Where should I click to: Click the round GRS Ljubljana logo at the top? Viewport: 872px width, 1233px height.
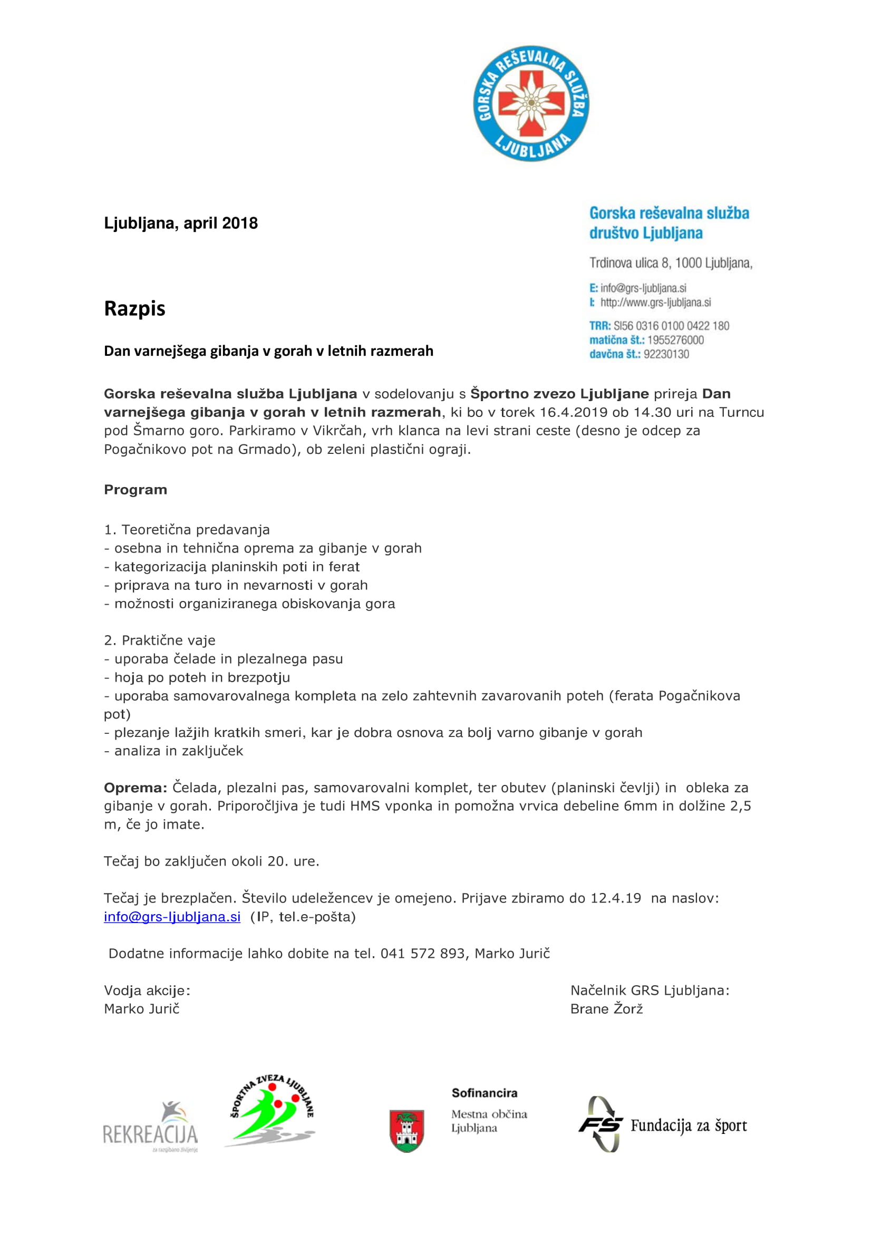pyautogui.click(x=530, y=103)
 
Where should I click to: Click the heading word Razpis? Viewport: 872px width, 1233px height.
pyautogui.click(x=134, y=309)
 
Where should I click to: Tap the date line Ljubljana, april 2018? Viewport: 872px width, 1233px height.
pyautogui.click(x=180, y=223)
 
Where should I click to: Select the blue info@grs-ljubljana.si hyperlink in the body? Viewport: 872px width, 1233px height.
pyautogui.click(x=172, y=917)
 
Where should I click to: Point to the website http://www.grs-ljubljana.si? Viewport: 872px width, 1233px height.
pyautogui.click(x=655, y=303)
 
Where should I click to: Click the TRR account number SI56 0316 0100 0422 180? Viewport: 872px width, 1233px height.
pyautogui.click(x=671, y=325)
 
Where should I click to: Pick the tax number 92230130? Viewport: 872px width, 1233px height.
pyautogui.click(x=666, y=354)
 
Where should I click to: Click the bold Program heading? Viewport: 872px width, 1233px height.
pyautogui.click(x=135, y=490)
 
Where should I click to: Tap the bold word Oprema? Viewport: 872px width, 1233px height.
pyautogui.click(x=135, y=788)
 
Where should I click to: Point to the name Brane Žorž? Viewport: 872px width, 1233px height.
pyautogui.click(x=606, y=1009)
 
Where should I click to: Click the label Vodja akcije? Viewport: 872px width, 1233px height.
pyautogui.click(x=147, y=991)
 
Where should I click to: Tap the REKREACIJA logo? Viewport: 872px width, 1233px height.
pyautogui.click(x=150, y=1127)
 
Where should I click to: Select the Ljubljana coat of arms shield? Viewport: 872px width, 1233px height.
pyautogui.click(x=406, y=1130)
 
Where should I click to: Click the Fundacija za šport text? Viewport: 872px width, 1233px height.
pyautogui.click(x=689, y=1125)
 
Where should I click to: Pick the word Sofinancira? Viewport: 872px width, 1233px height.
pyautogui.click(x=485, y=1093)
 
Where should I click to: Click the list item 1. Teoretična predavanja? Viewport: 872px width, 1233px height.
pyautogui.click(x=186, y=530)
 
